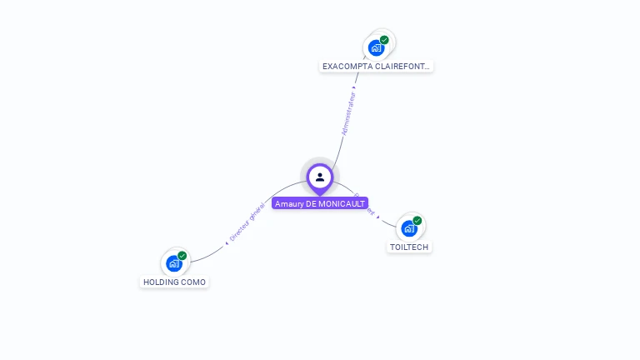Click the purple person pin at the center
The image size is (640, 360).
(x=320, y=177)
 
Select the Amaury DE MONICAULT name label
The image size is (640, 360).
(x=320, y=203)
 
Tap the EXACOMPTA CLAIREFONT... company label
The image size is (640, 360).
(x=377, y=66)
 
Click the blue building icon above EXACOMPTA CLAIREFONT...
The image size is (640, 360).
(x=376, y=48)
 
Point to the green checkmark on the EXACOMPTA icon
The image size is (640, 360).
(x=384, y=40)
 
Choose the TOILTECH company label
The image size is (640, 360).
(x=410, y=247)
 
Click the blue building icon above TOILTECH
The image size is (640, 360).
(x=408, y=228)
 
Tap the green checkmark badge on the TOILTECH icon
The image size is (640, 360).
(x=417, y=221)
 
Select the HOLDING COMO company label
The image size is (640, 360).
(x=175, y=282)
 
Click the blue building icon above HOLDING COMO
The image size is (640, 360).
(x=173, y=263)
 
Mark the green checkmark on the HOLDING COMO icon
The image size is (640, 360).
(x=182, y=256)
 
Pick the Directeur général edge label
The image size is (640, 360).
(x=247, y=222)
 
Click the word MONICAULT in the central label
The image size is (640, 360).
(x=341, y=203)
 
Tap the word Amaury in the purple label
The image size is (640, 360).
(x=289, y=203)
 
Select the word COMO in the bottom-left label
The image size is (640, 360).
(x=193, y=282)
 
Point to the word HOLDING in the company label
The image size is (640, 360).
(x=161, y=282)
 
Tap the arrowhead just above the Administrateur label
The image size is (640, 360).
(x=355, y=87)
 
